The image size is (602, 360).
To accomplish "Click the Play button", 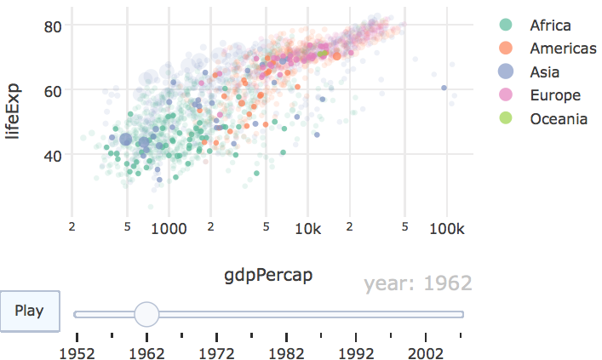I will pos(29,311).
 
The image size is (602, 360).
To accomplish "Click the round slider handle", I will pos(146,314).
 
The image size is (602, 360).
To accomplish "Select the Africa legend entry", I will pos(549,26).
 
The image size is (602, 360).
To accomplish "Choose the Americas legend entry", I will pos(562,49).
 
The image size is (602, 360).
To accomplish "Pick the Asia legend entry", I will pos(543,71).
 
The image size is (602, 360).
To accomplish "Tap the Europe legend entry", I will pos(554,95).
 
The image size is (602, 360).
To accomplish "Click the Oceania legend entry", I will pos(558,118).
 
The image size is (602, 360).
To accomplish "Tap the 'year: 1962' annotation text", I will pos(417,283).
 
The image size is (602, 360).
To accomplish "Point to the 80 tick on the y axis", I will pos(54,26).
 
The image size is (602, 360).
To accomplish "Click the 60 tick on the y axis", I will pos(54,90).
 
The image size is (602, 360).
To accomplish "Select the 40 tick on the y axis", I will pos(54,154).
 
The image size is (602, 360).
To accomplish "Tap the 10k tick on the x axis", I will pos(307,229).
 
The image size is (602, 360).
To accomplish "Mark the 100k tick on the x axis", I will pos(446,229).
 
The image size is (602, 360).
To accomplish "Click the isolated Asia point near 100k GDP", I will pos(444,88).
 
